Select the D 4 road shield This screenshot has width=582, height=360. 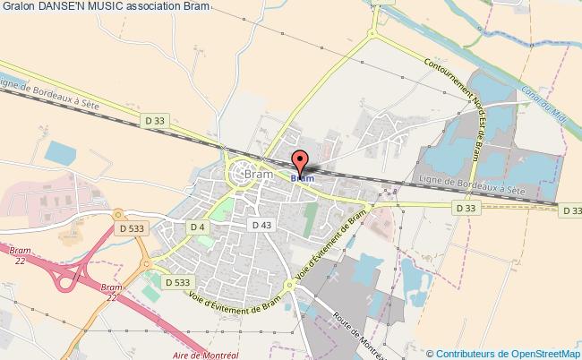(x=199, y=228)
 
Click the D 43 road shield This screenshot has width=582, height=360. (x=261, y=224)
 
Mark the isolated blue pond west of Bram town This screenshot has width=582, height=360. (x=61, y=152)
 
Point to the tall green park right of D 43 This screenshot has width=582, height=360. (x=311, y=220)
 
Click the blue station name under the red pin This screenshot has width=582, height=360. (x=302, y=178)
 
